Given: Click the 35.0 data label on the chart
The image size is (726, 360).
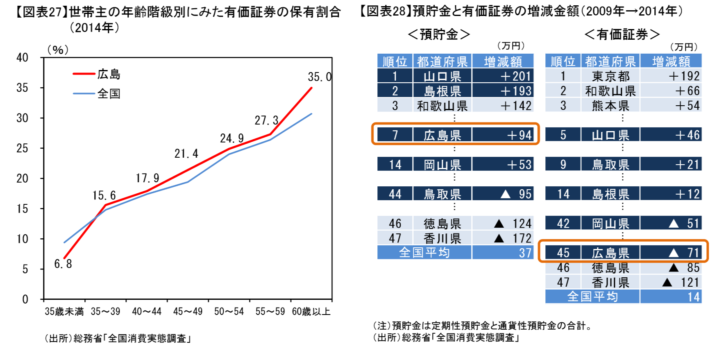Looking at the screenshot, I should (320, 77).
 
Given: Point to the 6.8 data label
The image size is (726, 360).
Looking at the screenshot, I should (63, 264).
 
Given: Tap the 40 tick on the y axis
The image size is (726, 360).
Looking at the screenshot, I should (22, 58).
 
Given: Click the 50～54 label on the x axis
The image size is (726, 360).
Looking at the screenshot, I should (229, 312).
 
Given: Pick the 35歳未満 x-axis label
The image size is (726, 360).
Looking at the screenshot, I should (64, 312).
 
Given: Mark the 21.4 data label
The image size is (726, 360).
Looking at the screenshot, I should (186, 154).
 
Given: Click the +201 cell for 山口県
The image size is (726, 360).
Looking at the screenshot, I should (503, 76).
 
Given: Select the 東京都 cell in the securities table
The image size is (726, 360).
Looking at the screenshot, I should (610, 76).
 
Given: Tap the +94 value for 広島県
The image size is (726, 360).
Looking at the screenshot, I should (503, 135).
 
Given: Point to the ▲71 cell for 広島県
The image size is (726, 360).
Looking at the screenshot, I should (671, 253).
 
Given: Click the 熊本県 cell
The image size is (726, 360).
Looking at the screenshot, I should (610, 106).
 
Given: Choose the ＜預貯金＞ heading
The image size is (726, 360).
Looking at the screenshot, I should (439, 34).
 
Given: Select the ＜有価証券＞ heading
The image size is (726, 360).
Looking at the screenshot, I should (622, 34).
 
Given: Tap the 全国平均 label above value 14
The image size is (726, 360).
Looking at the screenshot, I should (592, 297).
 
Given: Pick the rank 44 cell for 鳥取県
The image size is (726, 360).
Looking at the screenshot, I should (395, 194).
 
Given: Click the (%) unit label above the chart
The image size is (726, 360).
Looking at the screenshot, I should (58, 50).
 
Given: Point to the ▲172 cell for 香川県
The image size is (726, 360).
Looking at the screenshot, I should (503, 238).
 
